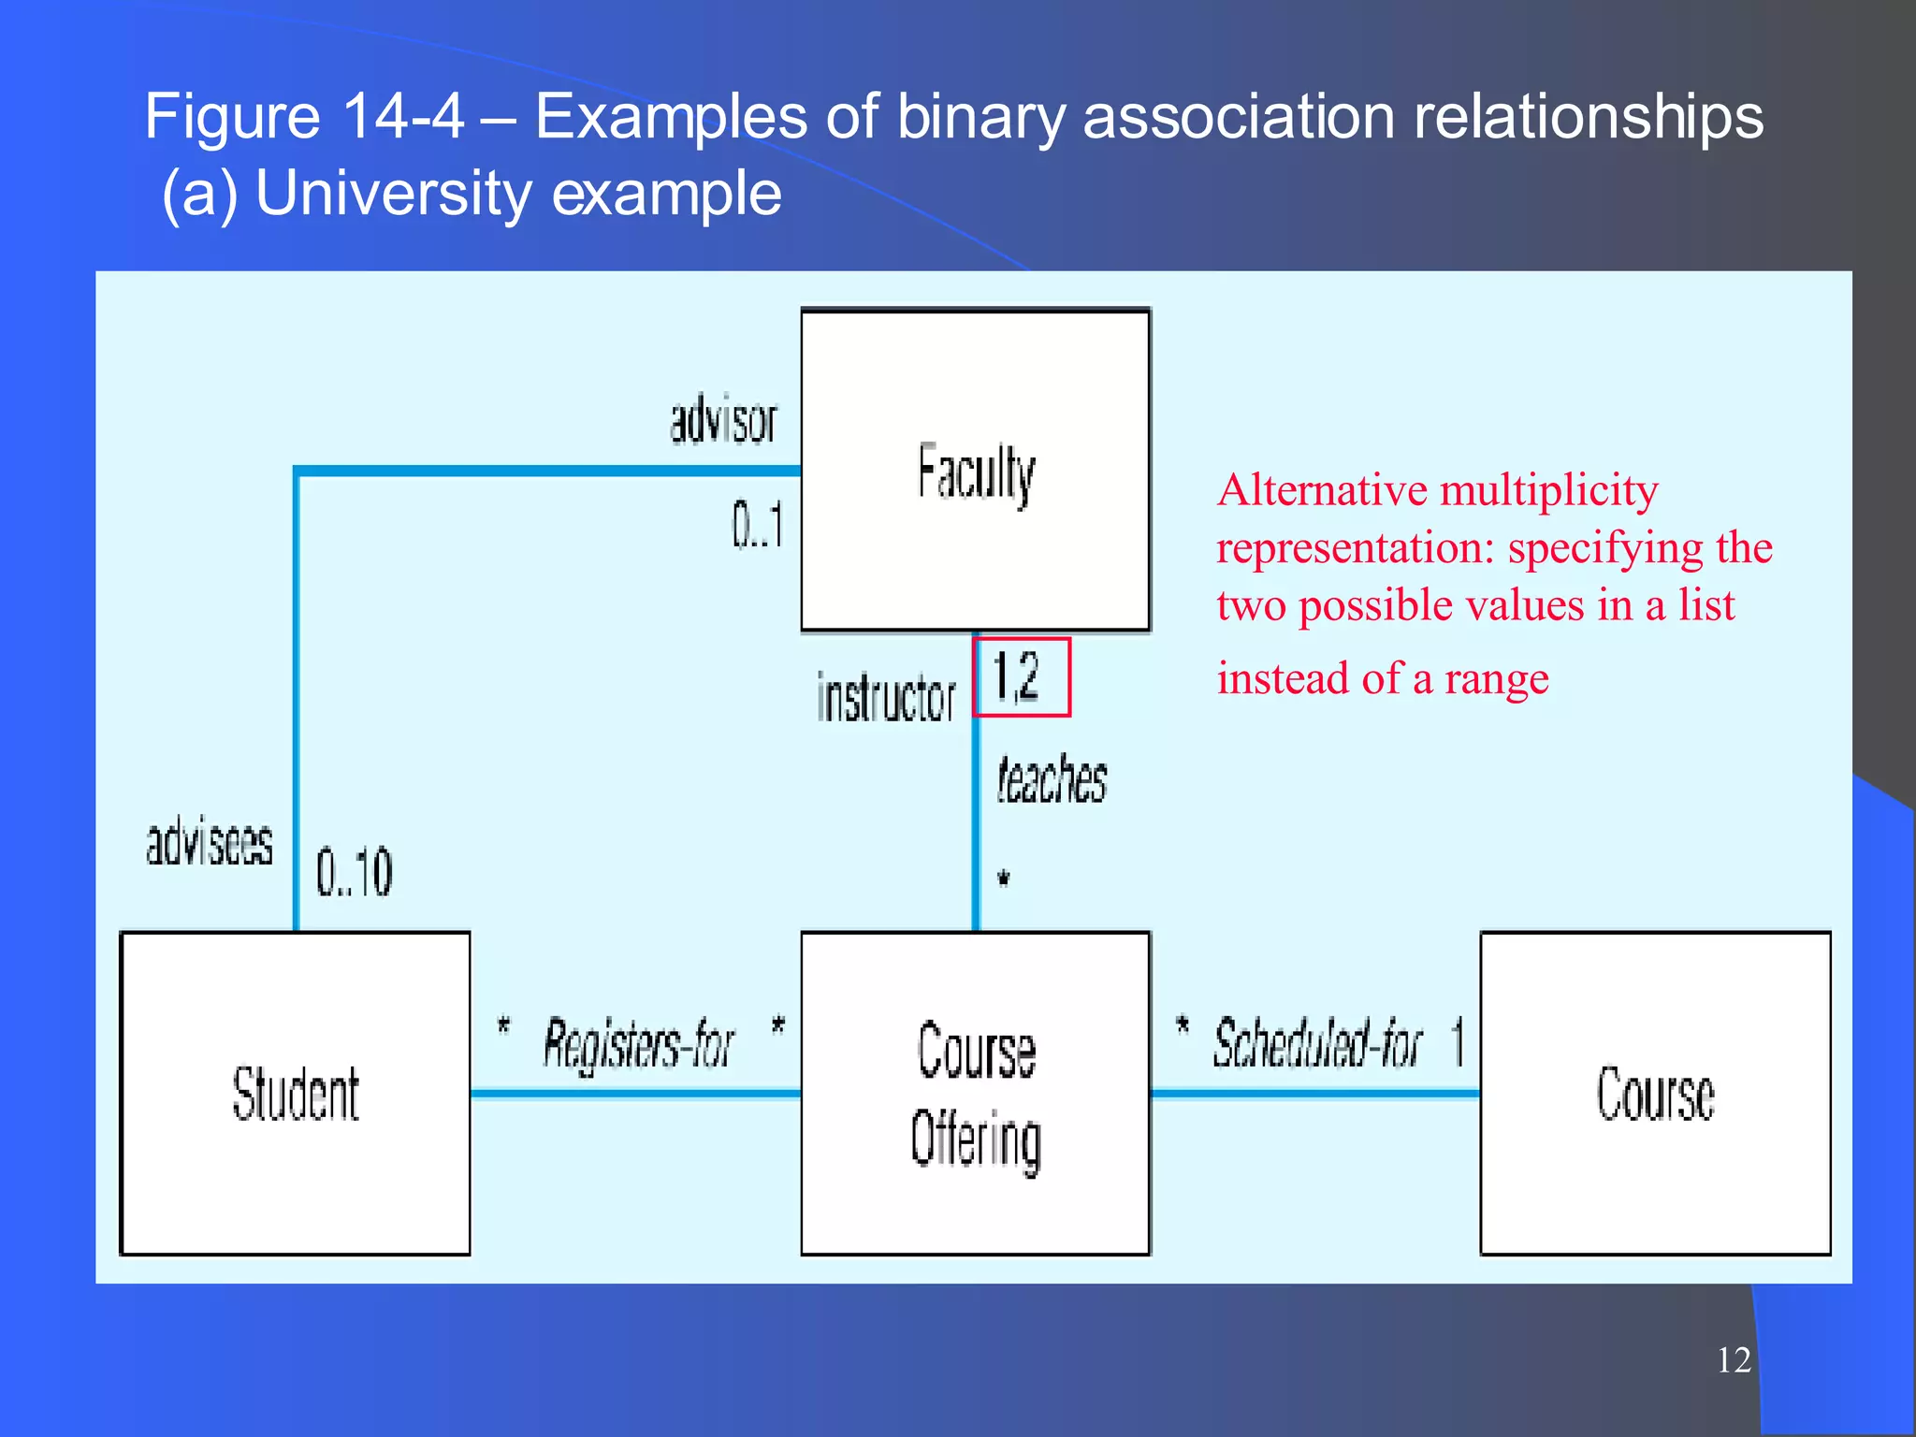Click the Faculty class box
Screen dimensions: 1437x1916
(975, 471)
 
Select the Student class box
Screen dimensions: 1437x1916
(296, 1093)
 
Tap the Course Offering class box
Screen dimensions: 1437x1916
(975, 1093)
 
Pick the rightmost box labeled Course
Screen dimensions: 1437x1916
(1654, 1093)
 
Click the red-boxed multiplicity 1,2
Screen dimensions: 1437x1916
(1020, 677)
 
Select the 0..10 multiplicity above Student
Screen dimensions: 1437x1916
(354, 872)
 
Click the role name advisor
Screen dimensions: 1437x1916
(723, 421)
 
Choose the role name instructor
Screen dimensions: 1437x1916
(885, 698)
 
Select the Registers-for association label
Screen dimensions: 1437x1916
(639, 1044)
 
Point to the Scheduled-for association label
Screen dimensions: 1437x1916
(1317, 1044)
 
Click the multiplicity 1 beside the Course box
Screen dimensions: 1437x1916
(1458, 1042)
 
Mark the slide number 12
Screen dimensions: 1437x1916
(1734, 1359)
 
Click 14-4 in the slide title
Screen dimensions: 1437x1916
(403, 117)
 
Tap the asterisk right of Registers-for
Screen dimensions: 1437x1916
(777, 1026)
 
